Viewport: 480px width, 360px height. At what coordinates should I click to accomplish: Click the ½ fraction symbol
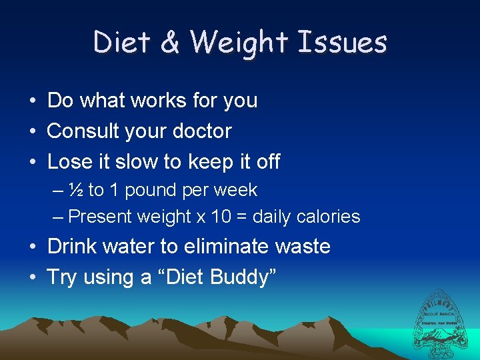[x=76, y=190]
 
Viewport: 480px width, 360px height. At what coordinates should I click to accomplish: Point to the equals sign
[x=242, y=217]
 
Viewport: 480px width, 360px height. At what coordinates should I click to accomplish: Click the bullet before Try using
[x=33, y=277]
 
